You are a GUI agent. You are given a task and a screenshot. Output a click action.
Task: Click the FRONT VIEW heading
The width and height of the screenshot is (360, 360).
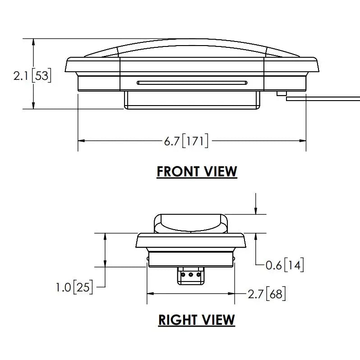(197, 172)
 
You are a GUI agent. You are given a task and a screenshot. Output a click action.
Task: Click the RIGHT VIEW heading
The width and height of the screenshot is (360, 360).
(197, 320)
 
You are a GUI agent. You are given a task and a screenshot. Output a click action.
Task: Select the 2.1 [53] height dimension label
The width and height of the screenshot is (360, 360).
(32, 75)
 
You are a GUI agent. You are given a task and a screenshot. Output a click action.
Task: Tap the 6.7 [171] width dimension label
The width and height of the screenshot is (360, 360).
(186, 140)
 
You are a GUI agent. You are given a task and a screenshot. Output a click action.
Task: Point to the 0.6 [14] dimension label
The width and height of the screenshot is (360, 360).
(285, 265)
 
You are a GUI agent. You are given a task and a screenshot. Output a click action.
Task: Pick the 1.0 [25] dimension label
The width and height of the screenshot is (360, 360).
(74, 287)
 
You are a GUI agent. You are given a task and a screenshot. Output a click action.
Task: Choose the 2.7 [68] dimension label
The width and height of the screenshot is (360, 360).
(267, 294)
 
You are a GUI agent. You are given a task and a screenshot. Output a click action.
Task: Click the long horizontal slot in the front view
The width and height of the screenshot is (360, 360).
(192, 83)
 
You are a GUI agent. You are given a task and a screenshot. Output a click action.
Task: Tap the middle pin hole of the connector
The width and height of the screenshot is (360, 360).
(191, 274)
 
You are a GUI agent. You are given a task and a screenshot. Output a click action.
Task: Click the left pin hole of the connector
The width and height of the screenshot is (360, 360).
(183, 274)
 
